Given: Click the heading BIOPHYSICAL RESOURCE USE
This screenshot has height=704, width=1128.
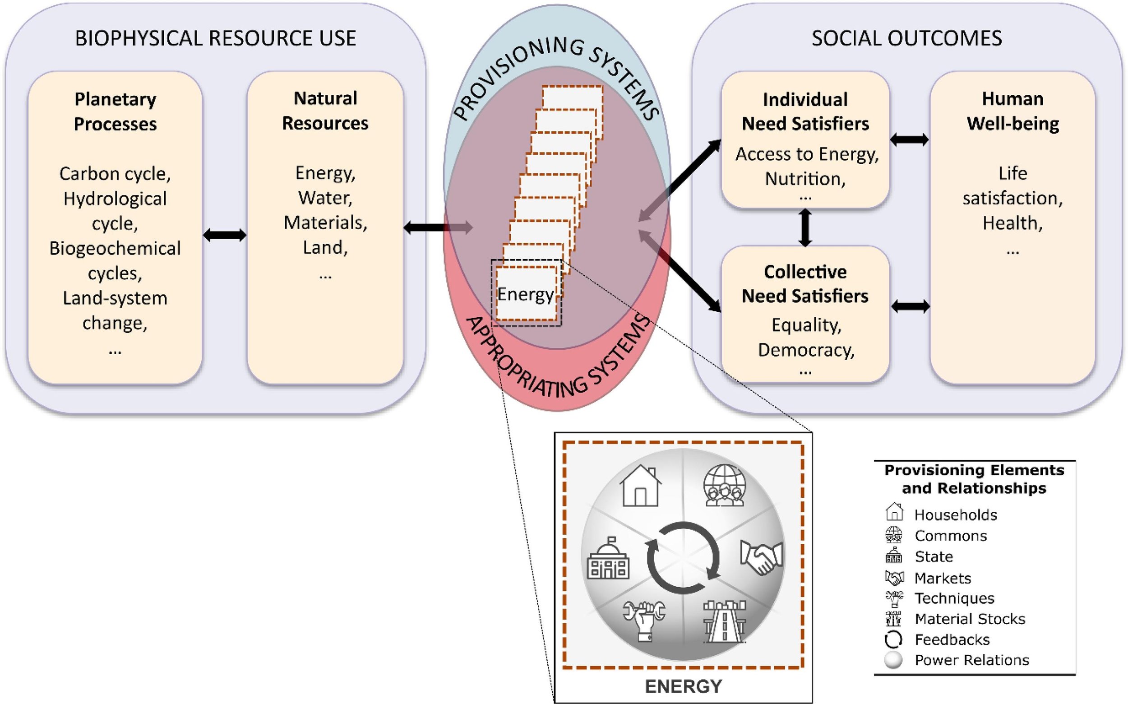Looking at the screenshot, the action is coord(216,38).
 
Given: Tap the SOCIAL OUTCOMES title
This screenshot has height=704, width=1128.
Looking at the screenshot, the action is coord(907,38).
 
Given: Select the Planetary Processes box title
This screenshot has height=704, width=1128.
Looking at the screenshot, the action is coord(115,111).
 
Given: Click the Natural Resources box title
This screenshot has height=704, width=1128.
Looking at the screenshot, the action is coord(325,111).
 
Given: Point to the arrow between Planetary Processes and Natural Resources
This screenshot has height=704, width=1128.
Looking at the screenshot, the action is coord(225,235).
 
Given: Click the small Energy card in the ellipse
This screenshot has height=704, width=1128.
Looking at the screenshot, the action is coord(527,293).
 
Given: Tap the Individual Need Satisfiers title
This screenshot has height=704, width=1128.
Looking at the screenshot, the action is coord(805,112).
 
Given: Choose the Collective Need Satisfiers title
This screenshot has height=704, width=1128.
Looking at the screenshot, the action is coord(805,284).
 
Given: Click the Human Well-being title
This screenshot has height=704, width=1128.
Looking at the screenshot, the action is coord(1013,111).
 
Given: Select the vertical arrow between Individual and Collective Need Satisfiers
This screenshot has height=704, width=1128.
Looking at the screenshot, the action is coord(805,227).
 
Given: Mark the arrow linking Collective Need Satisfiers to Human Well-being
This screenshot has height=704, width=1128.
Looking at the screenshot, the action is coord(910,306).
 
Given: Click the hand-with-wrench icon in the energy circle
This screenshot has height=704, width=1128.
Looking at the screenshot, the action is coord(644,621).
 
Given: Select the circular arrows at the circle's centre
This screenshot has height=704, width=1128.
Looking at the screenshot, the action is coord(683,558).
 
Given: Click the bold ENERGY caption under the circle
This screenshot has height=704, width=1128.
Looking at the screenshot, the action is coord(683,686).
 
